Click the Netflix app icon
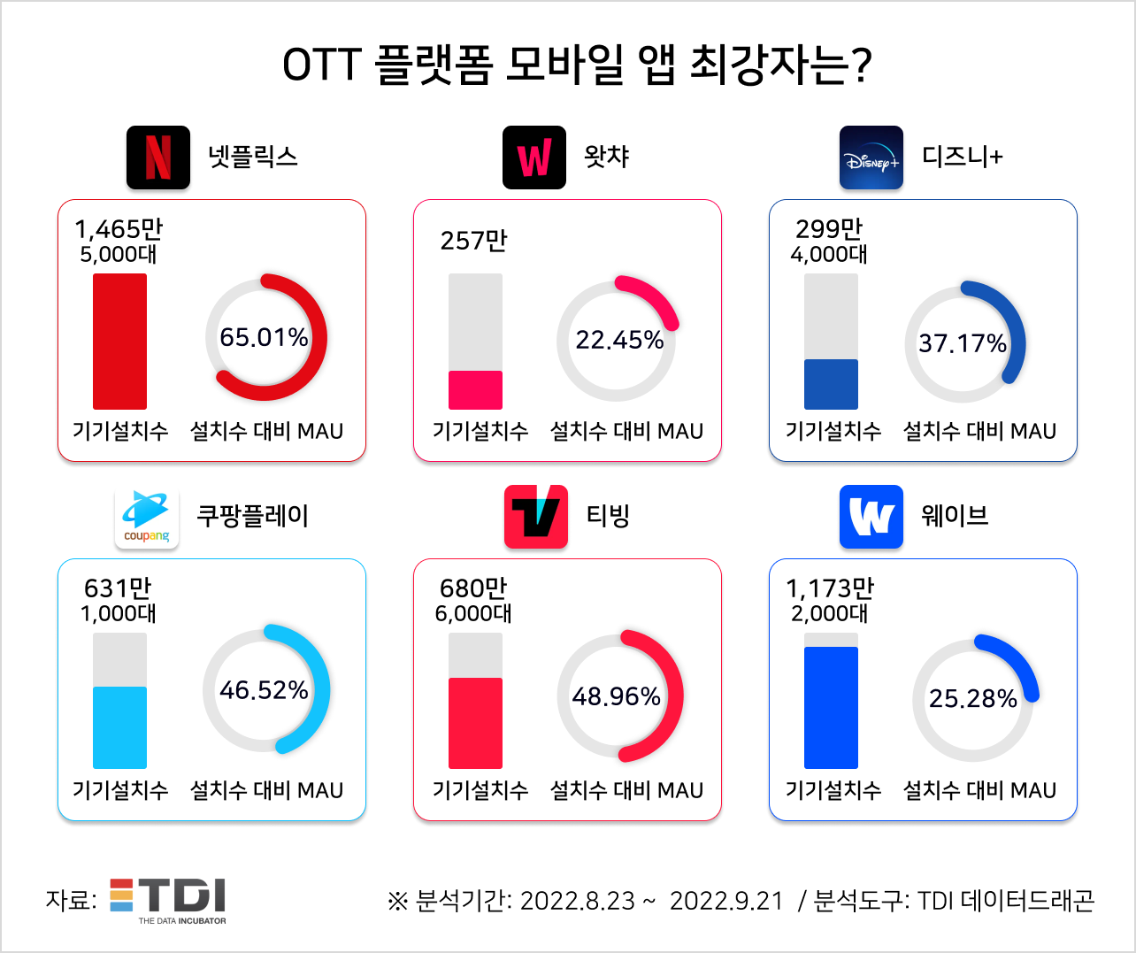pos(158,158)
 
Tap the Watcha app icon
pos(534,158)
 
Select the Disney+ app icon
pos(871,158)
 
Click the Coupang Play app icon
pos(147,518)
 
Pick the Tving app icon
pos(536,517)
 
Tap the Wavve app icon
pos(871,517)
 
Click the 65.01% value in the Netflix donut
pos(264,337)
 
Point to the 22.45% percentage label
pos(619,340)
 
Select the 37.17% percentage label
pos(962,343)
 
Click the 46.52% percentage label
pos(264,690)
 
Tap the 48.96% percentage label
pos(616,696)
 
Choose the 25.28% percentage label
pos(972,699)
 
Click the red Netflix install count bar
pos(120,342)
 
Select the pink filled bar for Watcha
pos(475,390)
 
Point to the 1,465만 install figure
pos(119,229)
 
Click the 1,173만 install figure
pos(830,588)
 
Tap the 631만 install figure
pos(118,588)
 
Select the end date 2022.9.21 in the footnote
pos(726,901)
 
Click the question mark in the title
pos(861,65)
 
